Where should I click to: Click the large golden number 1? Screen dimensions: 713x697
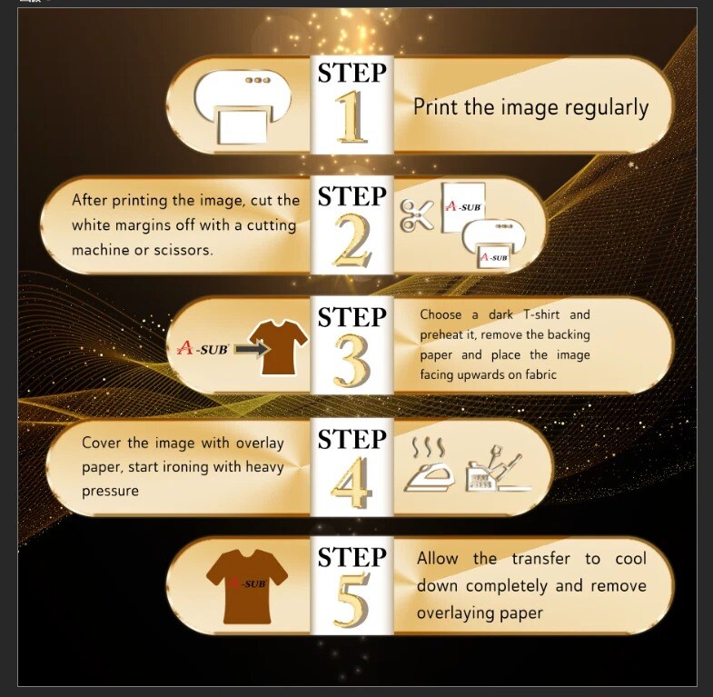[352, 117]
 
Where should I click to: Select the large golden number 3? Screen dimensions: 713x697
[352, 362]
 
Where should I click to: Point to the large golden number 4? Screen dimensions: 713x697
[351, 483]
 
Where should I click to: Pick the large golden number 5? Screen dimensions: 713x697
[351, 600]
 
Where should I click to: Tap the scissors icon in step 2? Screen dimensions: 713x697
[416, 215]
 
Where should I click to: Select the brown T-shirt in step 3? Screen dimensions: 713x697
[279, 347]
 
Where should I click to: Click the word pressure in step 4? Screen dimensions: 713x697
[110, 492]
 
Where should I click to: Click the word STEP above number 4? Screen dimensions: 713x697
[352, 439]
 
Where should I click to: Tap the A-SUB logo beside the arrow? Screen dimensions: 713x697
[203, 349]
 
